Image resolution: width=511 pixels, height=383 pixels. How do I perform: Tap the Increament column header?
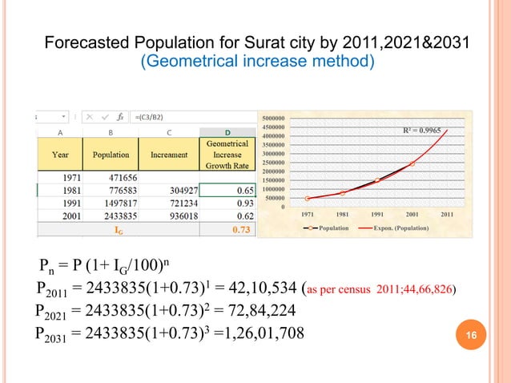point(168,154)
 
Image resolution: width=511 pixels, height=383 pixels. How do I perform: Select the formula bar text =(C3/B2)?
point(152,117)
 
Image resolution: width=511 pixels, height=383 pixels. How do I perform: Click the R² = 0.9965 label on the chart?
point(421,129)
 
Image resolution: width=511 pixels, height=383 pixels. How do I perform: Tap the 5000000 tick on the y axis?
point(274,118)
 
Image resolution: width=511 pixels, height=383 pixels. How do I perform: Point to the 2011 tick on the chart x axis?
point(447,215)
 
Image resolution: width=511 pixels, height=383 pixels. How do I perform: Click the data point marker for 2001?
point(412,163)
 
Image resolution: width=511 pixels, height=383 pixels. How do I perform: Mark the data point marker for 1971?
point(308,199)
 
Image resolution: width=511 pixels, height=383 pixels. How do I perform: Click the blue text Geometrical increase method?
point(256,61)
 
